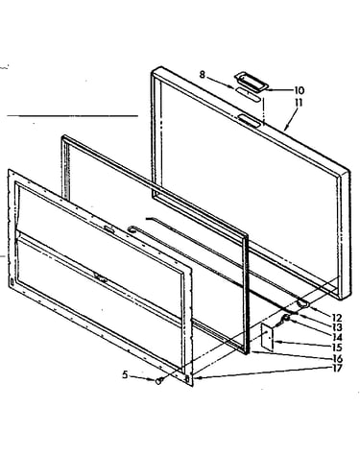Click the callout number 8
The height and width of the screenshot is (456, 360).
click(202, 75)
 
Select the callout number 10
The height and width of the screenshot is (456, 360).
click(299, 90)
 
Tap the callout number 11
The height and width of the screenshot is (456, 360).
click(298, 103)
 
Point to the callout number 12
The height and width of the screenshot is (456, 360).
click(337, 318)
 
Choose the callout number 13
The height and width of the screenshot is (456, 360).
click(337, 327)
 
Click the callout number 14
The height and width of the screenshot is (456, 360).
click(337, 337)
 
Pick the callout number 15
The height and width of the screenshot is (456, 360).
click(337, 348)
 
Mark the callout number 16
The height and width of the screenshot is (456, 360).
click(337, 358)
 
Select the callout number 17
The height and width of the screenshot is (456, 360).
click(337, 368)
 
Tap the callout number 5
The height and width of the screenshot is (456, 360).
click(125, 374)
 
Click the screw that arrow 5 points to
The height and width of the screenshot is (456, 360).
click(159, 381)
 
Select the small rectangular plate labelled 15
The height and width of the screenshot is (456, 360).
click(268, 336)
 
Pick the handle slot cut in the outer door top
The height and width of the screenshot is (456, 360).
click(249, 121)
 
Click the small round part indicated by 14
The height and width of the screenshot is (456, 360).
click(287, 318)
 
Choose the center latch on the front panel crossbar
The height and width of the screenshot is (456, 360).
click(101, 277)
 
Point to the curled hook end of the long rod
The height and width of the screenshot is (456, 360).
click(132, 228)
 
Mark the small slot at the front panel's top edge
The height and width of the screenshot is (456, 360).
click(108, 229)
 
